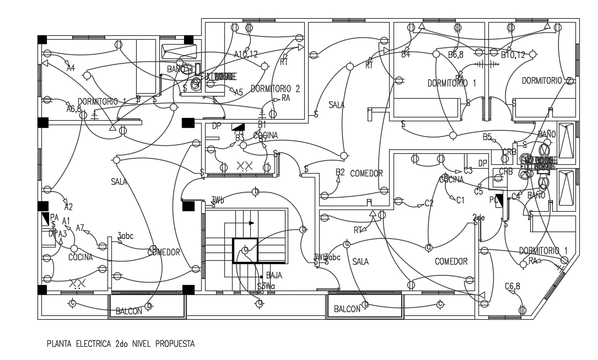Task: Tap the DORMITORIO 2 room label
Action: point(275,88)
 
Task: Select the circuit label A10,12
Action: point(245,54)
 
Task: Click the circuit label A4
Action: point(71,68)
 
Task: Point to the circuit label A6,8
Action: point(74,109)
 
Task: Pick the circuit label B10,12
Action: point(513,55)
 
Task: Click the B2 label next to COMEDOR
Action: point(340,173)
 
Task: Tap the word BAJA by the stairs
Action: point(274,275)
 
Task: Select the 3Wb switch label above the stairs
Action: point(218,200)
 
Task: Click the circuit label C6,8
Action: point(513,286)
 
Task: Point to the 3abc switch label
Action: point(126,235)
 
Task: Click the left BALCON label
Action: point(129,311)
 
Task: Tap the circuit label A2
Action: point(68,207)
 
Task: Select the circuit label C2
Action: point(429,203)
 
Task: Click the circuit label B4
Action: point(406,55)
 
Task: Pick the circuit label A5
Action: point(238,92)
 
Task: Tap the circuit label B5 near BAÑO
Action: point(487,136)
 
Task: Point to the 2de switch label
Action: point(478,217)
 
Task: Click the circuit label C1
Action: point(460,200)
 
